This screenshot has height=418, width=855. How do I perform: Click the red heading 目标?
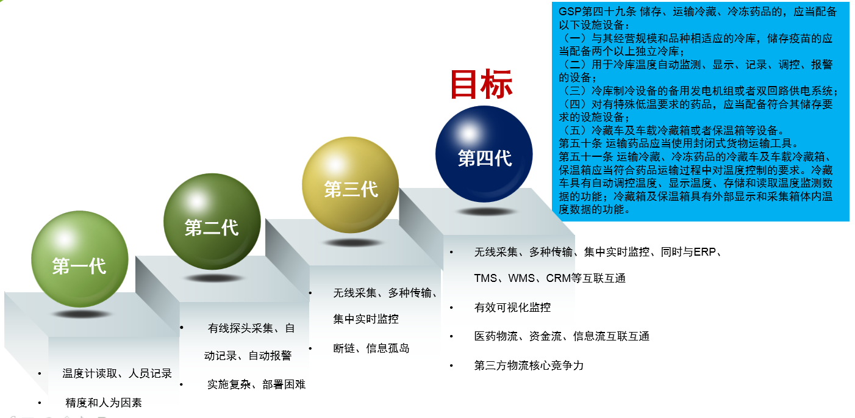(481, 84)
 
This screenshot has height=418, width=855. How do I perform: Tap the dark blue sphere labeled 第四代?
(484, 154)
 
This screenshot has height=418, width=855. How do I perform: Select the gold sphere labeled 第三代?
(351, 185)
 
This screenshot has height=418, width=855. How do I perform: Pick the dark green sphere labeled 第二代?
(212, 222)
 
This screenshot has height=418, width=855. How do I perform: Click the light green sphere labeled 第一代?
(80, 259)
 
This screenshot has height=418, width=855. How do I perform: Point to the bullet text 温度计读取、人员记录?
(117, 373)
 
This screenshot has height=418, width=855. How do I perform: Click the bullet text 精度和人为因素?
(104, 402)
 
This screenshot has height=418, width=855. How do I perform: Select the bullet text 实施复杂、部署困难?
(257, 384)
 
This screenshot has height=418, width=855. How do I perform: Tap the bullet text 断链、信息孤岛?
(371, 348)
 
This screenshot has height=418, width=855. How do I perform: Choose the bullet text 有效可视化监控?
(512, 307)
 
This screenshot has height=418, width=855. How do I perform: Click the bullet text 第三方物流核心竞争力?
(529, 366)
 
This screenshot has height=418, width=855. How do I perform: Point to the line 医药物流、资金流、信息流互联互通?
(562, 336)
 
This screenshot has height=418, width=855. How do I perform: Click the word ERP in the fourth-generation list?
(704, 252)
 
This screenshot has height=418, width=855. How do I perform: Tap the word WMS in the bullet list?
(521, 278)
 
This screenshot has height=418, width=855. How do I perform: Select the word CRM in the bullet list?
(558, 278)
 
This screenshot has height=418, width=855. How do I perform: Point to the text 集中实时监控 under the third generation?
(366, 319)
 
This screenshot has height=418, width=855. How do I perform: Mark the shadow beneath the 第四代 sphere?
(486, 211)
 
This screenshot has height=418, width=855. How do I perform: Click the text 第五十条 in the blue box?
(580, 143)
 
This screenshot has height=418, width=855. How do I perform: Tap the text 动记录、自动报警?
(248, 356)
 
